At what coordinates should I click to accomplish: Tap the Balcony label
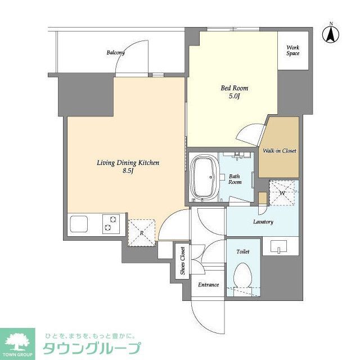115,53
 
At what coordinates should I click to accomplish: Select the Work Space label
293,50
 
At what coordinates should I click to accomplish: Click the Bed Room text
233,88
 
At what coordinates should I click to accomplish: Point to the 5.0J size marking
233,97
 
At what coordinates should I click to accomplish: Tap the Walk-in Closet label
280,151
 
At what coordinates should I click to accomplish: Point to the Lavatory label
262,222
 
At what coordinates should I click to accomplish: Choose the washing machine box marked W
283,193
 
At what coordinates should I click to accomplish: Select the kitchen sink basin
79,224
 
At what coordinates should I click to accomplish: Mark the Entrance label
208,285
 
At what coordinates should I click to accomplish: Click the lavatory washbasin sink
280,246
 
